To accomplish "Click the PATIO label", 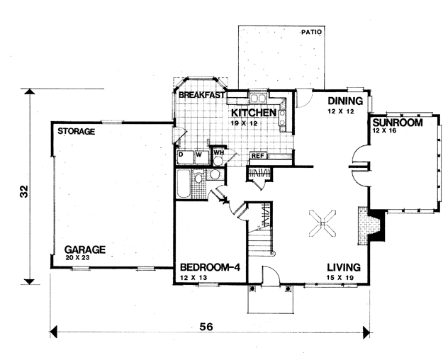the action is click(x=311, y=32).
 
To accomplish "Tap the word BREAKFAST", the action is click(x=202, y=95).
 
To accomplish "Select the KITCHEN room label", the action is click(x=254, y=113).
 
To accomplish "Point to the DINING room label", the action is click(x=345, y=101).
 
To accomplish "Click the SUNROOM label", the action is click(x=398, y=123).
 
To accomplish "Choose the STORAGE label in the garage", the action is click(x=76, y=131).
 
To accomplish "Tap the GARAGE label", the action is click(x=85, y=249).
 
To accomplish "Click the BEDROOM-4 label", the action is click(x=210, y=267).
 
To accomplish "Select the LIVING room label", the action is click(x=344, y=267).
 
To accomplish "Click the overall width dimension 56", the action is click(x=206, y=327).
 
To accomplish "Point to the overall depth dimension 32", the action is click(x=24, y=191).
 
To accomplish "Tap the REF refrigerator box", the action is click(x=257, y=156).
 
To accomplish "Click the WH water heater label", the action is click(x=218, y=152).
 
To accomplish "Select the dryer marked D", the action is click(x=185, y=157).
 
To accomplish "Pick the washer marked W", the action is click(x=201, y=157).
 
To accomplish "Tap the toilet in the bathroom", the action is click(x=198, y=178).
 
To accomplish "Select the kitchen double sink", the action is click(x=257, y=98).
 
